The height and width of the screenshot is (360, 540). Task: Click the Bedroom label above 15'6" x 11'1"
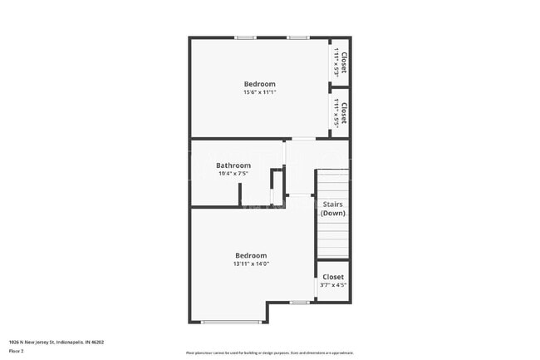click(x=259, y=84)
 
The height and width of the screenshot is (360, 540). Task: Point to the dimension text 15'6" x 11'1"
click(x=259, y=92)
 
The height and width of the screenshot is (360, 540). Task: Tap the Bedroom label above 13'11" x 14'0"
click(x=251, y=255)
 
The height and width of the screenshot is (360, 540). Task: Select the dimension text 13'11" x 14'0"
click(x=251, y=264)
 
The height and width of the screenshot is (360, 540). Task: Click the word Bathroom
click(x=233, y=165)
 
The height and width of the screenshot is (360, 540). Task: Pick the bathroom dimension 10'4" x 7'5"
click(x=233, y=174)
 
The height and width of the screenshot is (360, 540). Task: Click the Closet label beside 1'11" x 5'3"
click(x=344, y=62)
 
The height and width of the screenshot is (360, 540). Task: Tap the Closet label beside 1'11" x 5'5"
click(x=344, y=113)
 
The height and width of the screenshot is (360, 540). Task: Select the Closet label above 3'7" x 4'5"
click(x=333, y=277)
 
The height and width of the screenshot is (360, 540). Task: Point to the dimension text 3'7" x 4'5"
click(x=333, y=285)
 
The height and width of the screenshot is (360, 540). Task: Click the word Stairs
click(x=333, y=204)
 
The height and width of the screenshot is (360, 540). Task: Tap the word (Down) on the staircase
click(x=333, y=213)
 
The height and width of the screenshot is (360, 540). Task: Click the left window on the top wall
click(x=245, y=37)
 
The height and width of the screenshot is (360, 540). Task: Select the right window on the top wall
click(x=298, y=37)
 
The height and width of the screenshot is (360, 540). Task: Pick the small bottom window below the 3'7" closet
click(x=300, y=303)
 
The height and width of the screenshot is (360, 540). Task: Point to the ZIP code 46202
click(x=97, y=342)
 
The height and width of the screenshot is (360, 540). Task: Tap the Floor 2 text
click(x=16, y=351)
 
